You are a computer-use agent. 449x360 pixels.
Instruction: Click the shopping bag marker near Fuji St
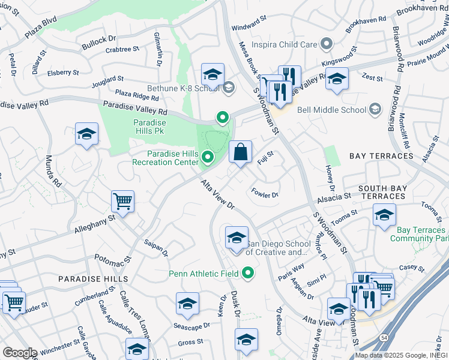click(240, 154)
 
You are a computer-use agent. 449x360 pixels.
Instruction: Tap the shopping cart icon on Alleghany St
click(122, 202)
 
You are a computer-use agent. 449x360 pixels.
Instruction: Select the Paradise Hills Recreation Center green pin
click(208, 158)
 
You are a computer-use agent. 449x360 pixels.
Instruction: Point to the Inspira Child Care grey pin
click(326, 44)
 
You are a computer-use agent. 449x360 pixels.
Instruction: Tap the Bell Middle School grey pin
click(375, 109)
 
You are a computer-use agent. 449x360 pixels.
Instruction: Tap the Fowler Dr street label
click(265, 194)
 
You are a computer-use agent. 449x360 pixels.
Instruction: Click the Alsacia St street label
click(334, 197)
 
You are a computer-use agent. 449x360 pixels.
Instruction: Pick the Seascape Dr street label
click(191, 326)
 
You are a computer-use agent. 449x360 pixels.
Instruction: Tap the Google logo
click(19, 353)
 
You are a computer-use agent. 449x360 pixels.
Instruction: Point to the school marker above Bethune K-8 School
click(212, 74)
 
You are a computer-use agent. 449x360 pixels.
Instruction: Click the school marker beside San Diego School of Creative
click(237, 239)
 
